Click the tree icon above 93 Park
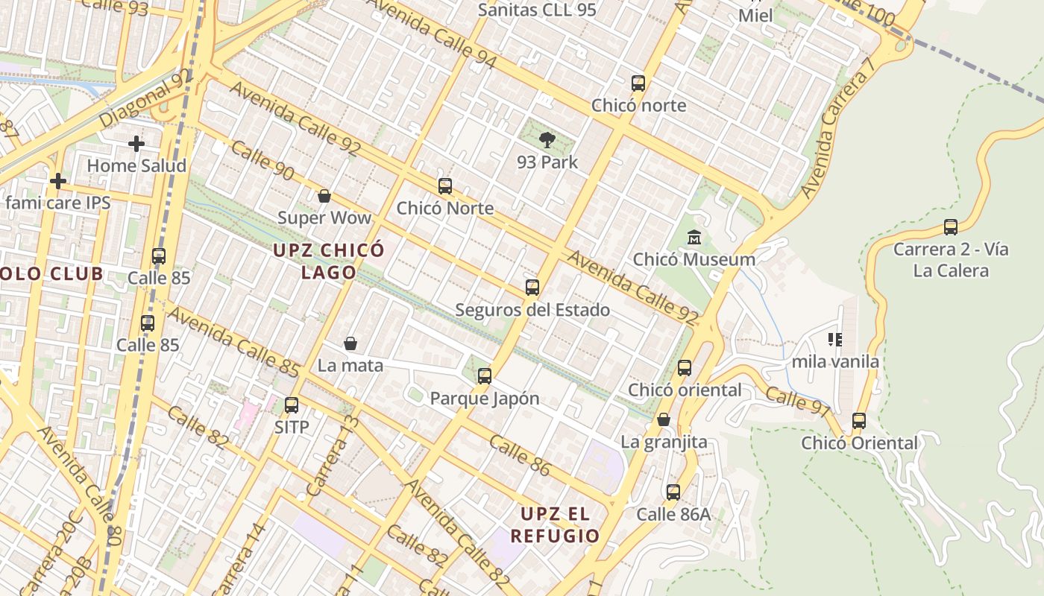547,139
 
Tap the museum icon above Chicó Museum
694,238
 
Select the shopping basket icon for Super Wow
324,196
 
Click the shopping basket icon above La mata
350,343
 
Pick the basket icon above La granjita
664,420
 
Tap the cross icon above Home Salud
136,144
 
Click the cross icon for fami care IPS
58,181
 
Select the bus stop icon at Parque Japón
485,376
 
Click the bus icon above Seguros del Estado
532,288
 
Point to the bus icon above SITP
292,405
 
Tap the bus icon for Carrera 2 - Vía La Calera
951,227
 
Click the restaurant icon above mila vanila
835,340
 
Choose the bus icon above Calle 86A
673,492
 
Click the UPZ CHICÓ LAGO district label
328,261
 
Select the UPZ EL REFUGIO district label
555,524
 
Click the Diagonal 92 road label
145,98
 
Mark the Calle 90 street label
262,159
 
